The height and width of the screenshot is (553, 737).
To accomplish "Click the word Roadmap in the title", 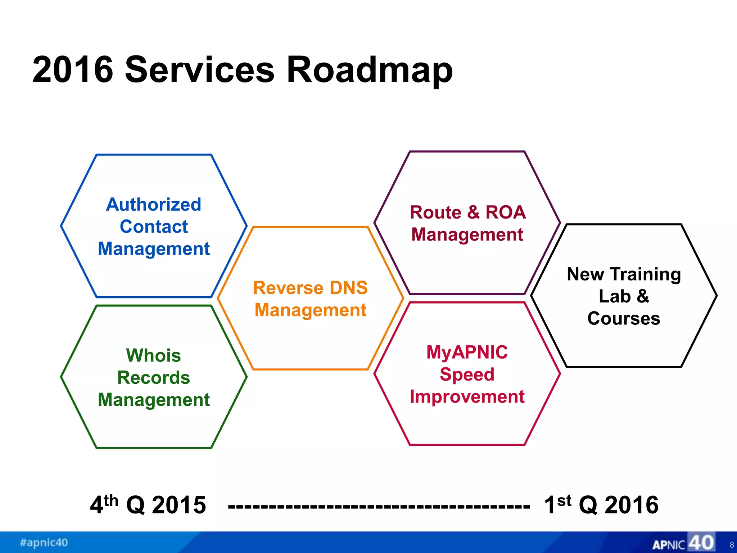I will tap(370, 70).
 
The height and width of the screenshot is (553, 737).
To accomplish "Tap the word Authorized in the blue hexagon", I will tap(154, 204).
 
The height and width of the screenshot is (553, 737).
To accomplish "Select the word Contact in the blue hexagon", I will tap(154, 227).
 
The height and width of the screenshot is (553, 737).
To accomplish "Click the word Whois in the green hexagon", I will tap(154, 355).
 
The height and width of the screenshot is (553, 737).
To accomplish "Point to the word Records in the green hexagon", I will tap(154, 378).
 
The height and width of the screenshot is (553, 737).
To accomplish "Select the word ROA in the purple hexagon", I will tap(506, 212).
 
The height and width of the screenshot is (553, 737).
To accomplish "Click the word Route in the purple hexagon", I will tap(436, 212).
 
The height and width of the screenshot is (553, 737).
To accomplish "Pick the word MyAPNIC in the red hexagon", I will tap(467, 352).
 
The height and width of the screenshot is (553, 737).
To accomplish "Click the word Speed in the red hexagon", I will tap(467, 375).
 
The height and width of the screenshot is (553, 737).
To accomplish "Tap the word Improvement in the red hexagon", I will tap(467, 397).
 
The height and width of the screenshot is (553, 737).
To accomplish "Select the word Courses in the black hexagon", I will tap(624, 319).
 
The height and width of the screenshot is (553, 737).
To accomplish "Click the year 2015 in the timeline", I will tap(179, 505).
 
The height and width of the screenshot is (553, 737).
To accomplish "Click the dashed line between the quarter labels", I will tap(379, 507).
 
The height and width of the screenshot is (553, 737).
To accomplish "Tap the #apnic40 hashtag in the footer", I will tap(44, 543).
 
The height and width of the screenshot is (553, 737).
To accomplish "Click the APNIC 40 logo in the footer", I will tap(683, 543).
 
